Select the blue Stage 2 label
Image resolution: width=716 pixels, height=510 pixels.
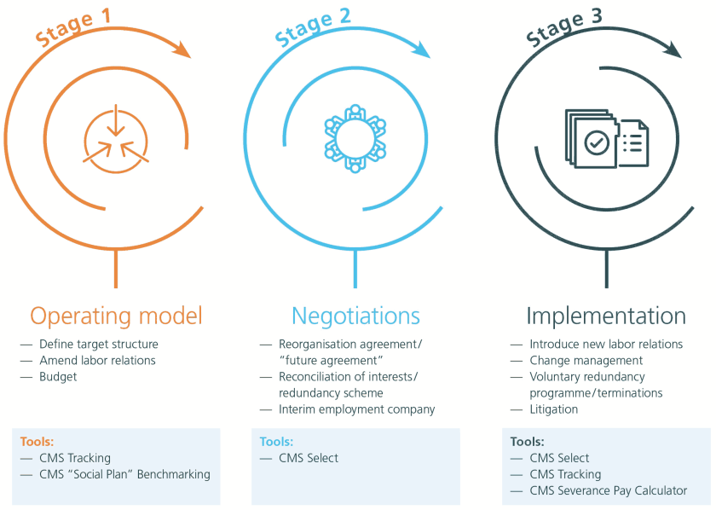313,26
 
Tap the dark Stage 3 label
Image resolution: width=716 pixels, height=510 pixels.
564,26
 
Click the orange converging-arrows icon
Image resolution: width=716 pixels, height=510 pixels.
116,139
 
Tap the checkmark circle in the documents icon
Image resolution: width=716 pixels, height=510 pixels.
597,142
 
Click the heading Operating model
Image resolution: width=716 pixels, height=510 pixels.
117,316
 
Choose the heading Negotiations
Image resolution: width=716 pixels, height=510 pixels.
355,316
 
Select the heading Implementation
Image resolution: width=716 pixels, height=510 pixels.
605,316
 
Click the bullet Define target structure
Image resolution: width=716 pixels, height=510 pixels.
98,345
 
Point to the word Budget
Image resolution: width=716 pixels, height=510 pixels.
58,377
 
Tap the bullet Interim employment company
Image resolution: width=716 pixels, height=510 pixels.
356,409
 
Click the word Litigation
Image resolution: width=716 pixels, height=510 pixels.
553,409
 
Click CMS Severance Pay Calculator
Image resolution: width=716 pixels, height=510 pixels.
608,490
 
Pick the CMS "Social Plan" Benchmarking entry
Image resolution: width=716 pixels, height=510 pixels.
124,474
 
